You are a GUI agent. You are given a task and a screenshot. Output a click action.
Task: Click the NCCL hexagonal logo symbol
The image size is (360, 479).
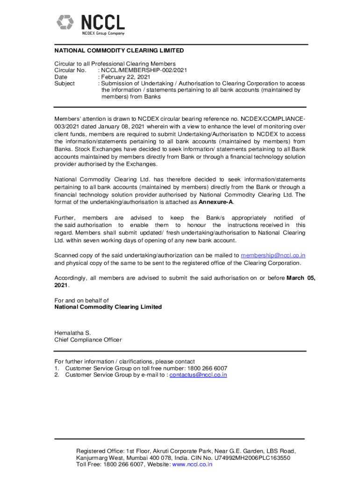point(66,22)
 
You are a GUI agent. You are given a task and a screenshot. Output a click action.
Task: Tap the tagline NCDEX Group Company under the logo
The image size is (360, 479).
point(103,33)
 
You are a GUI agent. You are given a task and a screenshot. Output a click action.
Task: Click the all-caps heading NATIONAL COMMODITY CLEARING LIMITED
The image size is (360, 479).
point(119,51)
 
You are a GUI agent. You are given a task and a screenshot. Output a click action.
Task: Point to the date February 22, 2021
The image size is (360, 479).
point(126,77)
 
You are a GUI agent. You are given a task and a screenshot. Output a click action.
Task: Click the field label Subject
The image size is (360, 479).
point(65,83)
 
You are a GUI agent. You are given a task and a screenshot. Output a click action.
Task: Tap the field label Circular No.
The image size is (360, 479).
point(70,70)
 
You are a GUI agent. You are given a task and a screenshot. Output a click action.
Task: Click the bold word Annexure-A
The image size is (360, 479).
point(216,202)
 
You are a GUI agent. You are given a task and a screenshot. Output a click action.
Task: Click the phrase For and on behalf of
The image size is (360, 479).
point(82,300)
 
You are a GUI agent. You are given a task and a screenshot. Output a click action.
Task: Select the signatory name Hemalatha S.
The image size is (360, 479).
point(72,333)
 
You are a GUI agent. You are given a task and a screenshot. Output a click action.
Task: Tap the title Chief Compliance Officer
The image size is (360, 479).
point(88,340)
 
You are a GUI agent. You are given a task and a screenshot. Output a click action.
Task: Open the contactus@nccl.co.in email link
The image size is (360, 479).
point(198,375)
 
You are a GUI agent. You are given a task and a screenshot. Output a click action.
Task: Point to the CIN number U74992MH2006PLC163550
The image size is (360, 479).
point(249,458)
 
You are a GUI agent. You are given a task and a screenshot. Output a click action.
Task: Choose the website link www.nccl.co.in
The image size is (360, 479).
point(192,464)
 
